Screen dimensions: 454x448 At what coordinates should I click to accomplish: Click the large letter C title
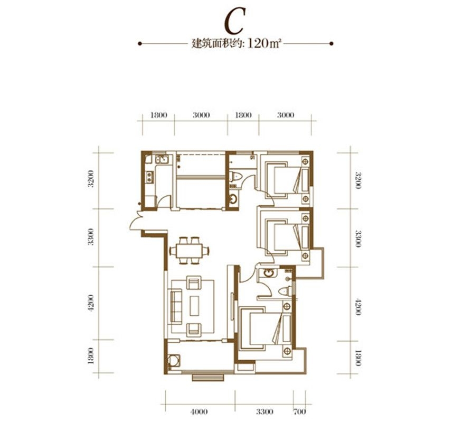coord(234,21)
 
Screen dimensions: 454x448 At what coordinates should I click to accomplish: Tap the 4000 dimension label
coord(199,412)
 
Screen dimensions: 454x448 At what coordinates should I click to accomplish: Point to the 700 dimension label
coord(299,412)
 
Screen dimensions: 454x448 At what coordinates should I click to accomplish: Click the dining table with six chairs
coord(190,251)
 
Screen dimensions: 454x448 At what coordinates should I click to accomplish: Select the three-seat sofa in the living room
coord(176,306)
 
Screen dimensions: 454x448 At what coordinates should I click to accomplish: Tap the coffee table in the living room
coord(194,306)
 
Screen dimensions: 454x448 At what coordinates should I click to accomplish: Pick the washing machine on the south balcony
coord(174,361)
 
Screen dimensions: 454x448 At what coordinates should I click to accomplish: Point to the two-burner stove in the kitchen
coord(149,177)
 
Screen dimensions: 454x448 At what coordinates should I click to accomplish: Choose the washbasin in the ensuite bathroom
coord(268,273)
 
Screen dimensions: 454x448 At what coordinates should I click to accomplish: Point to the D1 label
coord(252,158)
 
